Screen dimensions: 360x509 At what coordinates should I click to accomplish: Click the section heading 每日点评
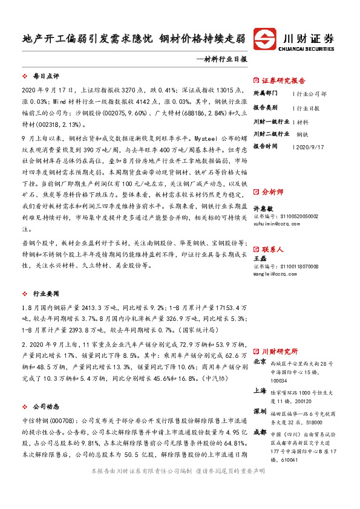46,77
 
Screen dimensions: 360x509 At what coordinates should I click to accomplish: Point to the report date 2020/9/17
311,146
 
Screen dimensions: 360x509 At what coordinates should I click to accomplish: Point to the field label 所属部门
265,94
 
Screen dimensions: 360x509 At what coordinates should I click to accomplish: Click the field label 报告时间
265,146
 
